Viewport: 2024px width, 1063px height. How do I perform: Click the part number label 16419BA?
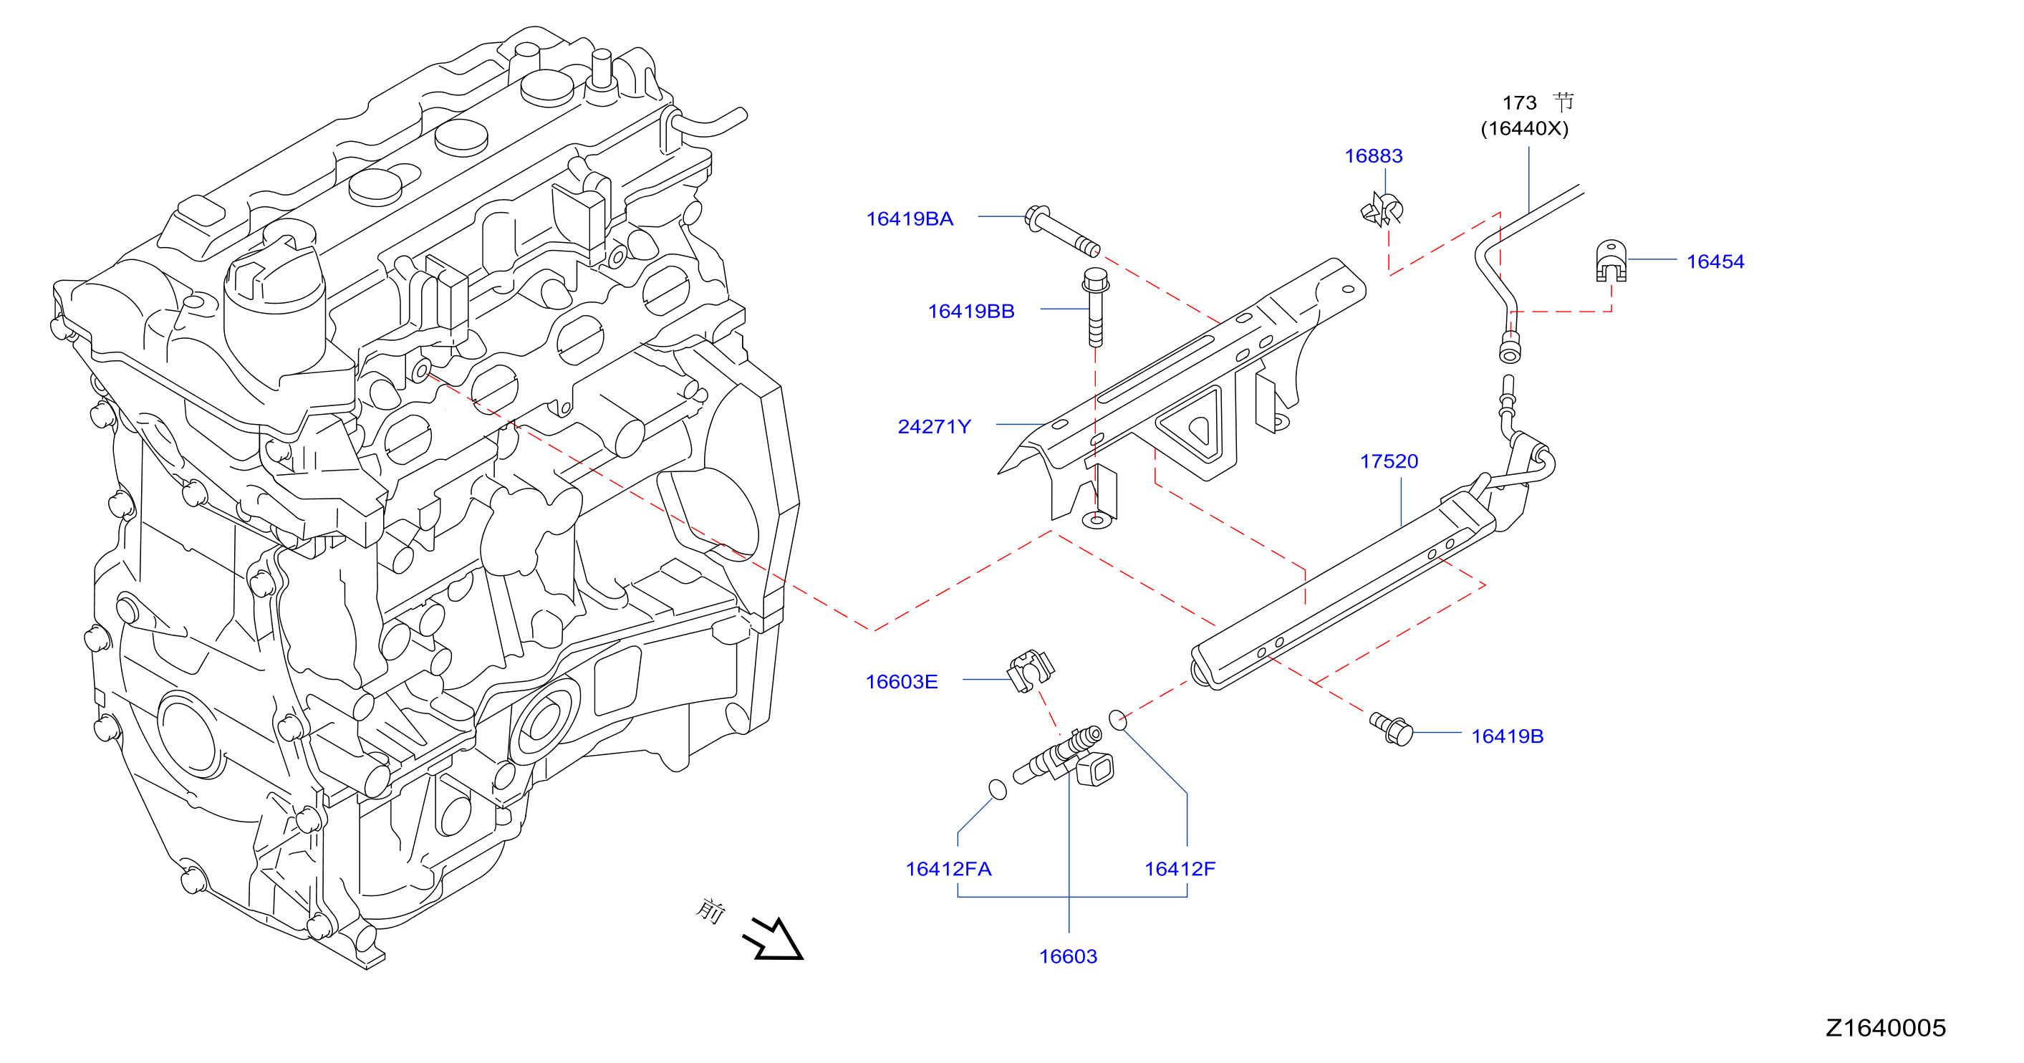click(x=909, y=218)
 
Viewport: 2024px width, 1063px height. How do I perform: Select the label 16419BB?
click(x=971, y=311)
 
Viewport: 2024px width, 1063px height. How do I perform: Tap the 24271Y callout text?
click(x=934, y=427)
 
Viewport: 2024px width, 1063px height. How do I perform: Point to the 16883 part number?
click(x=1374, y=155)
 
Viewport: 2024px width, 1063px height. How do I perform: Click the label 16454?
click(x=1715, y=261)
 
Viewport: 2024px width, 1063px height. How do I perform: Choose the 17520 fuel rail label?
click(x=1389, y=461)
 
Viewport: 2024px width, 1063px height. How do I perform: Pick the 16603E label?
click(x=901, y=682)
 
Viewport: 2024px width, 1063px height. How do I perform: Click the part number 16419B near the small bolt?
click(x=1507, y=736)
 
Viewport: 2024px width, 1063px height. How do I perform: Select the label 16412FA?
click(x=948, y=869)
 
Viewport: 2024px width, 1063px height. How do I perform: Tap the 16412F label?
click(x=1180, y=869)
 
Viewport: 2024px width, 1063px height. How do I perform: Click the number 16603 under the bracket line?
click(x=1068, y=956)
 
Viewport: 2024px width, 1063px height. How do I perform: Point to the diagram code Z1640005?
click(x=1886, y=1028)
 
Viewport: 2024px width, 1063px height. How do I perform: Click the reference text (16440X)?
click(x=1524, y=128)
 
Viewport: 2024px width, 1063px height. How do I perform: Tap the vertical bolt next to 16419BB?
click(x=1095, y=307)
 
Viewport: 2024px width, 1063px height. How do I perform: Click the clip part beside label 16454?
click(x=1611, y=261)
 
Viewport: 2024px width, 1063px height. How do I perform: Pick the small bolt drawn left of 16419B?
click(x=1392, y=728)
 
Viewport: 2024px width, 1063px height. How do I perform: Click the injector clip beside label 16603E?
click(x=1031, y=671)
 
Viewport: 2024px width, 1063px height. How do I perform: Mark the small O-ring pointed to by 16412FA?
click(x=997, y=789)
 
